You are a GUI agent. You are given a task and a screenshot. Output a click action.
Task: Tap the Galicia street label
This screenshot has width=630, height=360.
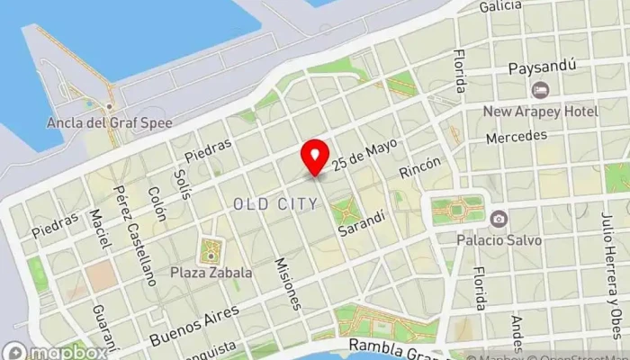500,7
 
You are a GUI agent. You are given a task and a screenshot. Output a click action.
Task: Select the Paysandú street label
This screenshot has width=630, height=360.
541,67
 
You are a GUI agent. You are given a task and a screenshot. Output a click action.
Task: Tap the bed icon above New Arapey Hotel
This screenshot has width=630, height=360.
541,90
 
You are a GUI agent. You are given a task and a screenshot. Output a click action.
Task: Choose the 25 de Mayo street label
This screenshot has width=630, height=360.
364,154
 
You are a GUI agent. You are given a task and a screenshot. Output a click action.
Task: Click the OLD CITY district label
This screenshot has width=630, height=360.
275,204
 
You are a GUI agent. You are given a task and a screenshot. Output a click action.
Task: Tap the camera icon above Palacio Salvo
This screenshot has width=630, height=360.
498,219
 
